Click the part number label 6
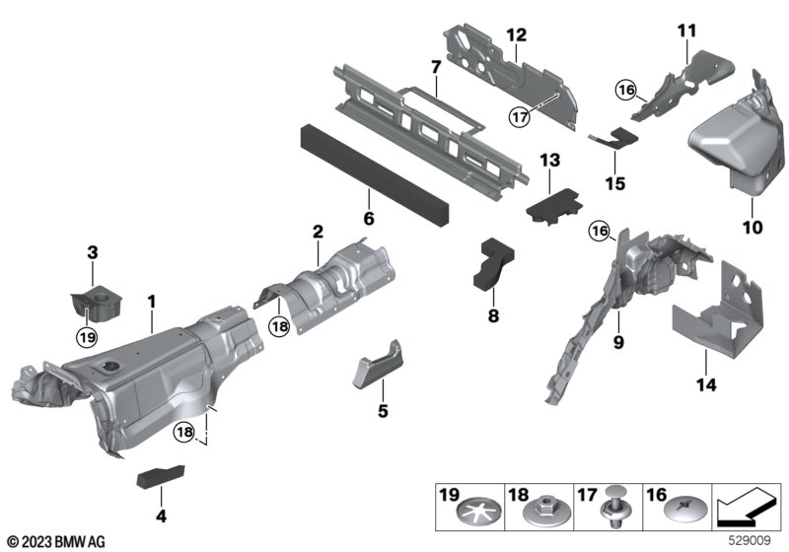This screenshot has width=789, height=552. pyautogui.click(x=369, y=219)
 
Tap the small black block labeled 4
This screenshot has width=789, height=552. pyautogui.click(x=161, y=476)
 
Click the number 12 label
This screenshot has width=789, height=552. pyautogui.click(x=517, y=35)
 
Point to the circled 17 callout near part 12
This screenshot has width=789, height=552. pyautogui.click(x=520, y=117)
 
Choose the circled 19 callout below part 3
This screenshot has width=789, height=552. pyautogui.click(x=87, y=337)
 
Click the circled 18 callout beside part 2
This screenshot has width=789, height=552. pyautogui.click(x=279, y=327)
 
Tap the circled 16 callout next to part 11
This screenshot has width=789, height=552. pyautogui.click(x=626, y=91)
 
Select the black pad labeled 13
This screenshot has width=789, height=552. pyautogui.click(x=554, y=207)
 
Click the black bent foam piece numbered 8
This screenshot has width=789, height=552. pyautogui.click(x=492, y=264)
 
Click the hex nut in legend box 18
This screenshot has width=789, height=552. pyautogui.click(x=541, y=512)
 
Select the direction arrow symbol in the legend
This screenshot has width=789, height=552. pyautogui.click(x=747, y=508)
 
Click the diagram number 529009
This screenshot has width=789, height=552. pyautogui.click(x=750, y=540)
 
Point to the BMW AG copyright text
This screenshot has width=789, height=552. pyautogui.click(x=57, y=541)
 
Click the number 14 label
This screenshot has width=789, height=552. pyautogui.click(x=706, y=385)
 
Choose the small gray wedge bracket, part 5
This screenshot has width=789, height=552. pyautogui.click(x=378, y=364)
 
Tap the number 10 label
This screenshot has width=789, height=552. pyautogui.click(x=753, y=228)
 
